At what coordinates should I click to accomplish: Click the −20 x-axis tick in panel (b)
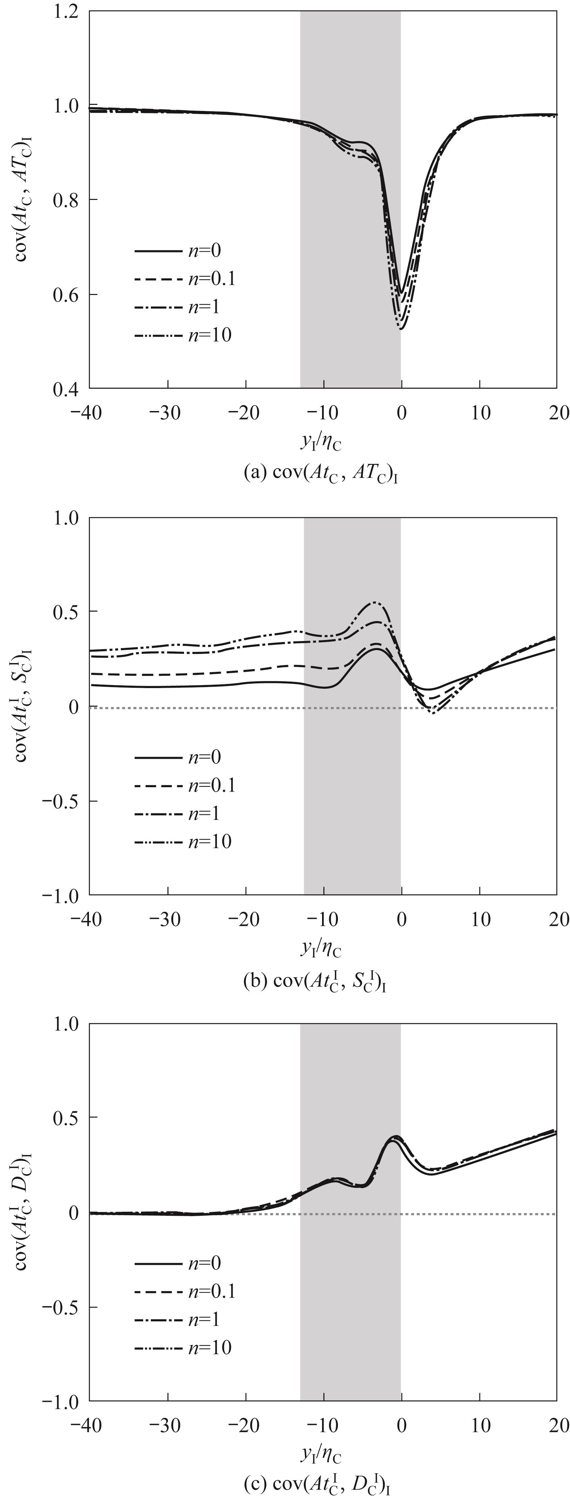(245, 919)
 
